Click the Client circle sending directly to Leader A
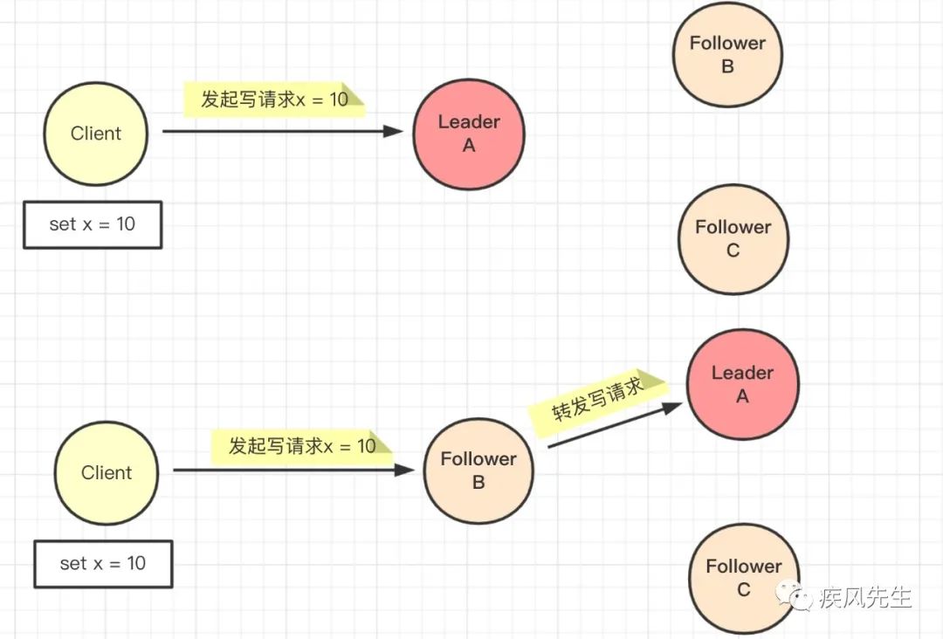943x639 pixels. pyautogui.click(x=96, y=134)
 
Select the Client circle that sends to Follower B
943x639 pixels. pyautogui.click(x=107, y=473)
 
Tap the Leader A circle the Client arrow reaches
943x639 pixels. pyautogui.click(x=469, y=134)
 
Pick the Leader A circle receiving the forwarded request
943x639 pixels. pyautogui.click(x=742, y=384)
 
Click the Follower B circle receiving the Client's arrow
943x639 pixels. pyautogui.click(x=478, y=471)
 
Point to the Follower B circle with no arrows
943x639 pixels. pyautogui.click(x=727, y=54)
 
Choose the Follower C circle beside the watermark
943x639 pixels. pyautogui.click(x=743, y=578)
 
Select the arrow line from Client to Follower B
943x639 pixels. pyautogui.click(x=288, y=471)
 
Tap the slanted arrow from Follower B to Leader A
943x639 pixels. pyautogui.click(x=611, y=428)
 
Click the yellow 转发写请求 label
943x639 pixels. pyautogui.click(x=597, y=400)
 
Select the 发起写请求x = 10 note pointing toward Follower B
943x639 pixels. pyautogui.click(x=302, y=447)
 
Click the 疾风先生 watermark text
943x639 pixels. pyautogui.click(x=865, y=598)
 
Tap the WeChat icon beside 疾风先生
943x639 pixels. pyautogui.click(x=799, y=598)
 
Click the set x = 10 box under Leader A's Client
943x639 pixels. pyautogui.click(x=93, y=224)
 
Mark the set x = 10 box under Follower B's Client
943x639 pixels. pyautogui.click(x=103, y=564)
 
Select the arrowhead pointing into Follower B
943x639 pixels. pyautogui.click(x=405, y=471)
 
